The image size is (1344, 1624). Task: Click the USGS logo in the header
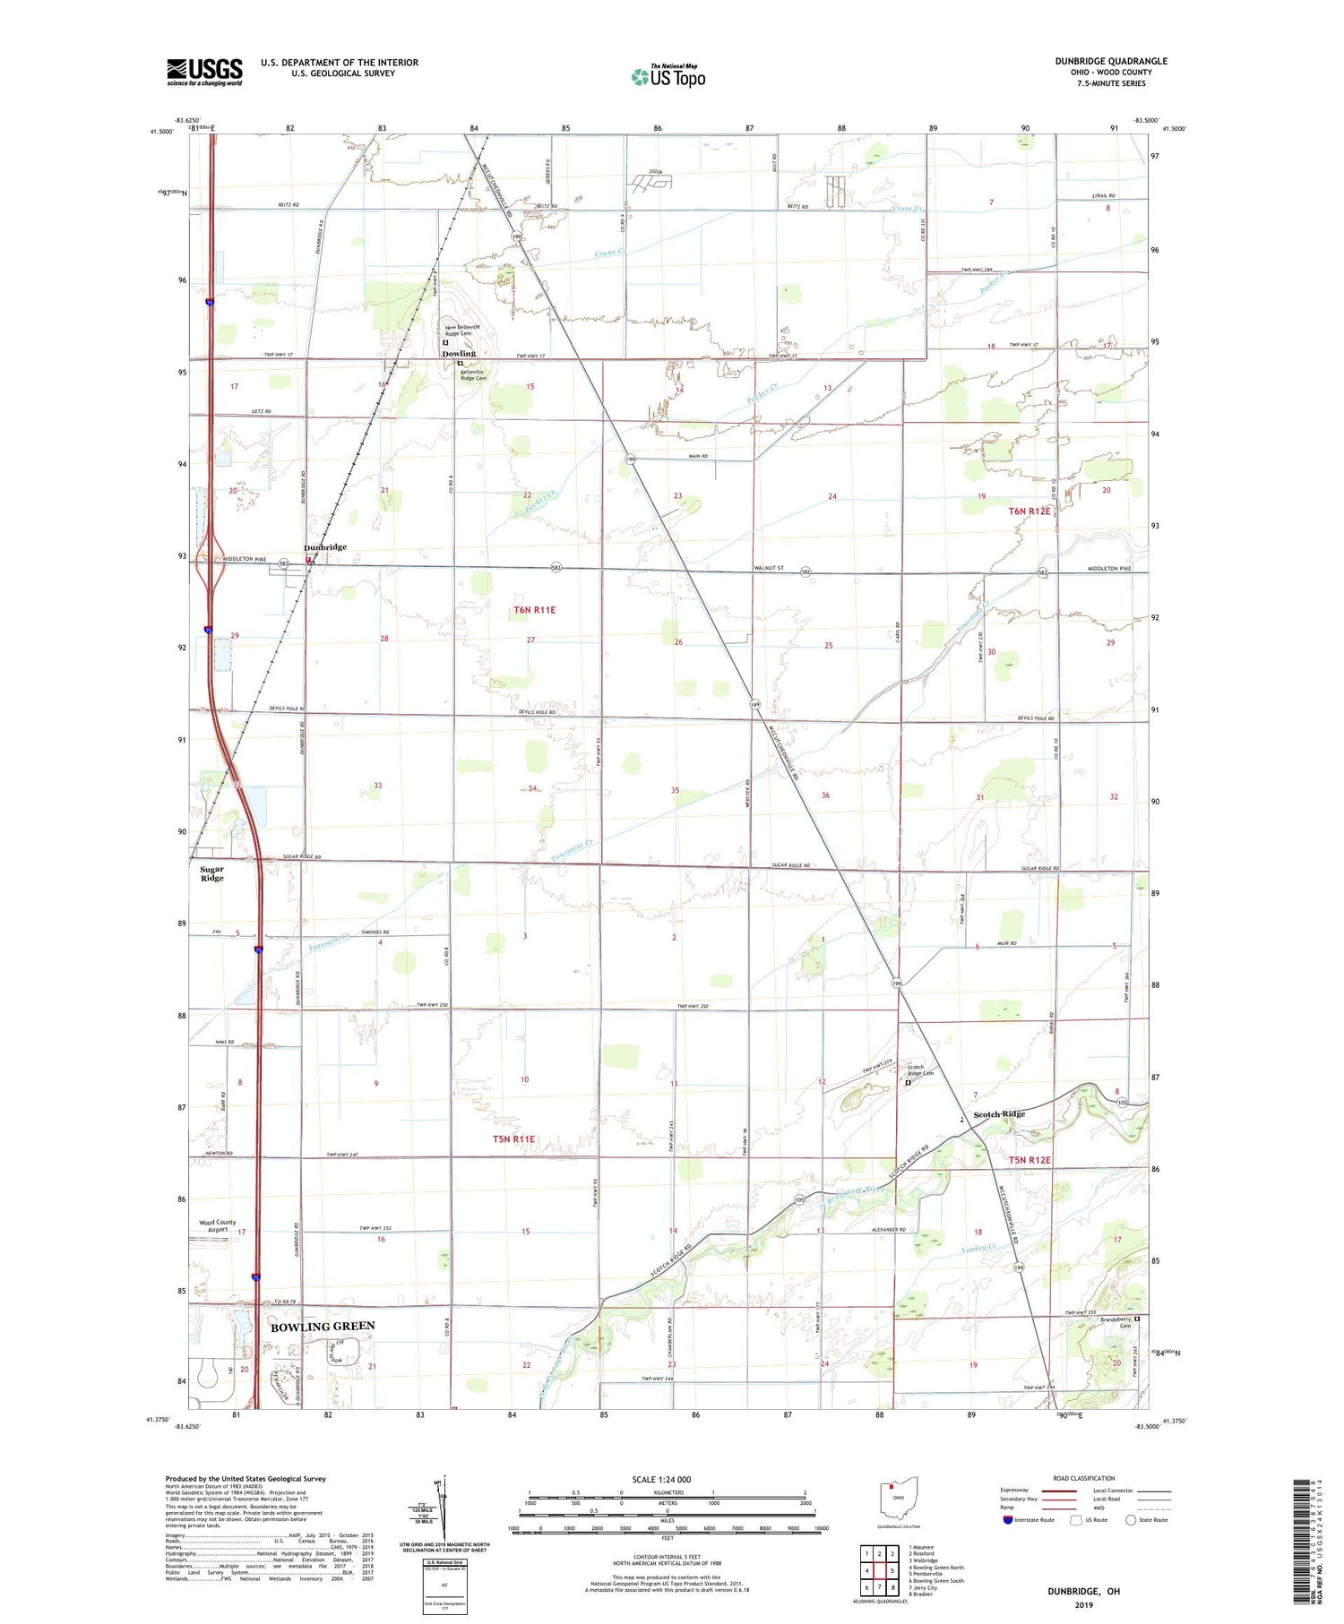point(204,72)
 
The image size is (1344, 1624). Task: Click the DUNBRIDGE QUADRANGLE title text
point(1110,62)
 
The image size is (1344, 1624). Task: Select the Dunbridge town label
point(324,547)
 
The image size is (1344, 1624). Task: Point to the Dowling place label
point(458,354)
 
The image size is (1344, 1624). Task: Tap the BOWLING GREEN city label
point(323,1326)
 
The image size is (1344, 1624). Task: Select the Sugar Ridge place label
point(212,873)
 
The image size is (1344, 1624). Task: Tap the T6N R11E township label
point(535,610)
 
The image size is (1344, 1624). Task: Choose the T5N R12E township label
point(1030,1161)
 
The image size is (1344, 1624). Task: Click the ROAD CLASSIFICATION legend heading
point(1084,1478)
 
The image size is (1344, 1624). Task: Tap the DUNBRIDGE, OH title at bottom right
point(1083,1591)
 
